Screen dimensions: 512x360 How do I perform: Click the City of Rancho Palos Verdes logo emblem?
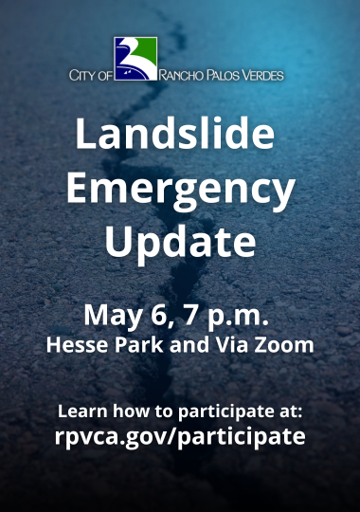[x=135, y=60]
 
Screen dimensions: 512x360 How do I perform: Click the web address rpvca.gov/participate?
[x=180, y=437]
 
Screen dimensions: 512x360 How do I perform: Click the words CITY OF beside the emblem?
[x=91, y=74]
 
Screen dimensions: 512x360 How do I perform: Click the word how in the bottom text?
[x=130, y=412]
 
